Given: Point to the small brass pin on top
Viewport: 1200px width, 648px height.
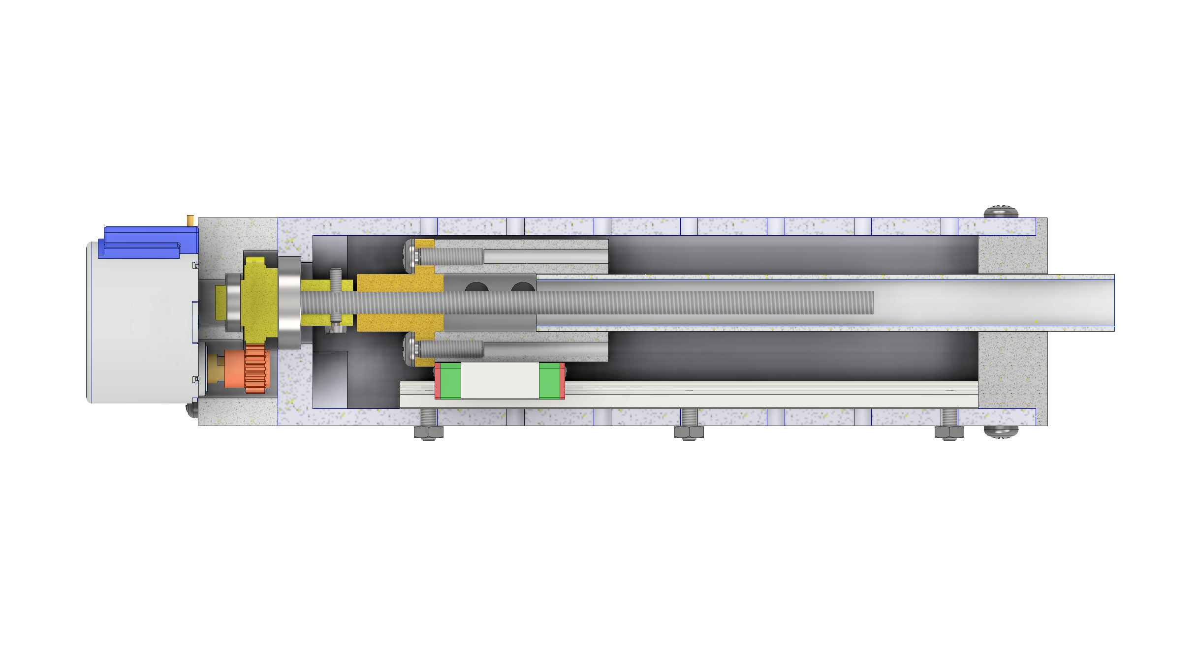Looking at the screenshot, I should (190, 219).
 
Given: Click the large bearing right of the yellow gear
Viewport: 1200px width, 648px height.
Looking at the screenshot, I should (289, 302).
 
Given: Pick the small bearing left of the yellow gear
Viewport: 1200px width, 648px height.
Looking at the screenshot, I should (233, 302).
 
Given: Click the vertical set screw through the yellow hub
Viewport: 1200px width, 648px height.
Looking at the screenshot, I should (336, 300).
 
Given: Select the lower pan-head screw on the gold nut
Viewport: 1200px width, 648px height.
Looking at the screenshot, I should (411, 349).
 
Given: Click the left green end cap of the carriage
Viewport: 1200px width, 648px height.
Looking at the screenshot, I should (450, 381).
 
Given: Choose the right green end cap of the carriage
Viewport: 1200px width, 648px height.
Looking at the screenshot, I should (549, 381).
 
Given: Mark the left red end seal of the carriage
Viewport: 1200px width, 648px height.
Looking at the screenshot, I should (437, 381).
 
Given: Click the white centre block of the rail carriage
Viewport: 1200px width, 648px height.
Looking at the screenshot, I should (500, 381).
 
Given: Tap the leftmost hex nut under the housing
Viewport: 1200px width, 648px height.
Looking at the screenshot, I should (428, 432).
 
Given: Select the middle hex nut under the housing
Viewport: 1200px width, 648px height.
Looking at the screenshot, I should (689, 432).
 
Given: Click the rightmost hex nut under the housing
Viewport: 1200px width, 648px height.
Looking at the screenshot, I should (949, 432).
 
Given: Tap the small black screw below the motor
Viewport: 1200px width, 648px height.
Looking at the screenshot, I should (189, 409).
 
